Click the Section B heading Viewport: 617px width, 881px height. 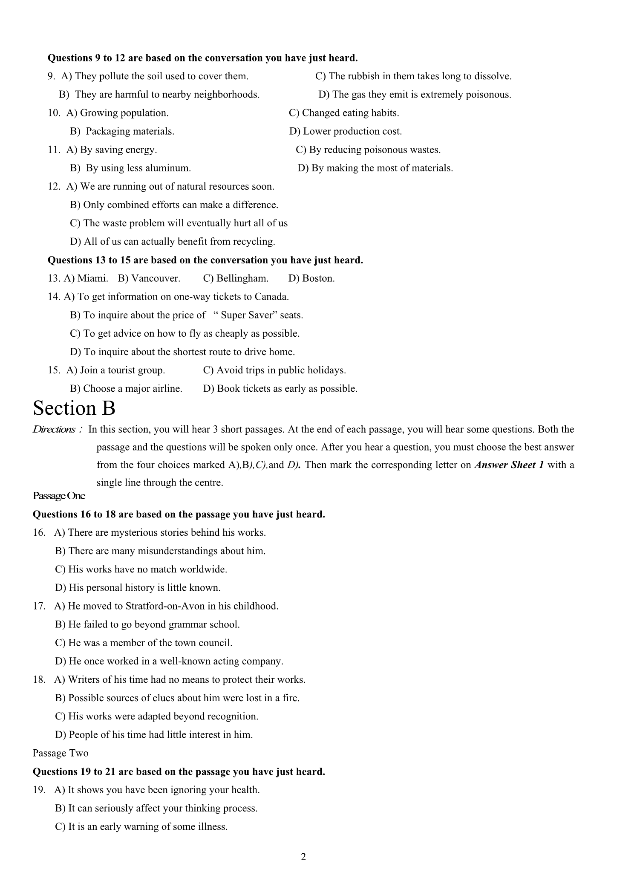(x=74, y=408)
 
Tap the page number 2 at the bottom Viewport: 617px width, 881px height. (x=303, y=857)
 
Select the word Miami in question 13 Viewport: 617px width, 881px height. (x=92, y=278)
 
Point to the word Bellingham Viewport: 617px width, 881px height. (x=242, y=278)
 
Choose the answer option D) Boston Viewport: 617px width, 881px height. (x=311, y=278)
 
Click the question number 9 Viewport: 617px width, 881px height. (x=51, y=76)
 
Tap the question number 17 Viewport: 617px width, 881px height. (x=39, y=606)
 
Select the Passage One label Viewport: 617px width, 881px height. (x=59, y=496)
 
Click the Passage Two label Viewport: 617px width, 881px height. (x=61, y=753)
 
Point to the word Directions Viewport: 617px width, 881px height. (x=54, y=429)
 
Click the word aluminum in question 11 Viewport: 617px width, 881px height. (x=168, y=168)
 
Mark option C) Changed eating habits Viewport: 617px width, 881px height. (x=344, y=113)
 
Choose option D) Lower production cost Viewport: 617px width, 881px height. (x=346, y=131)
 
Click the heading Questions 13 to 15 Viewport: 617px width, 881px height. (x=205, y=260)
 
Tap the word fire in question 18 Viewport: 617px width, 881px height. (x=291, y=698)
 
